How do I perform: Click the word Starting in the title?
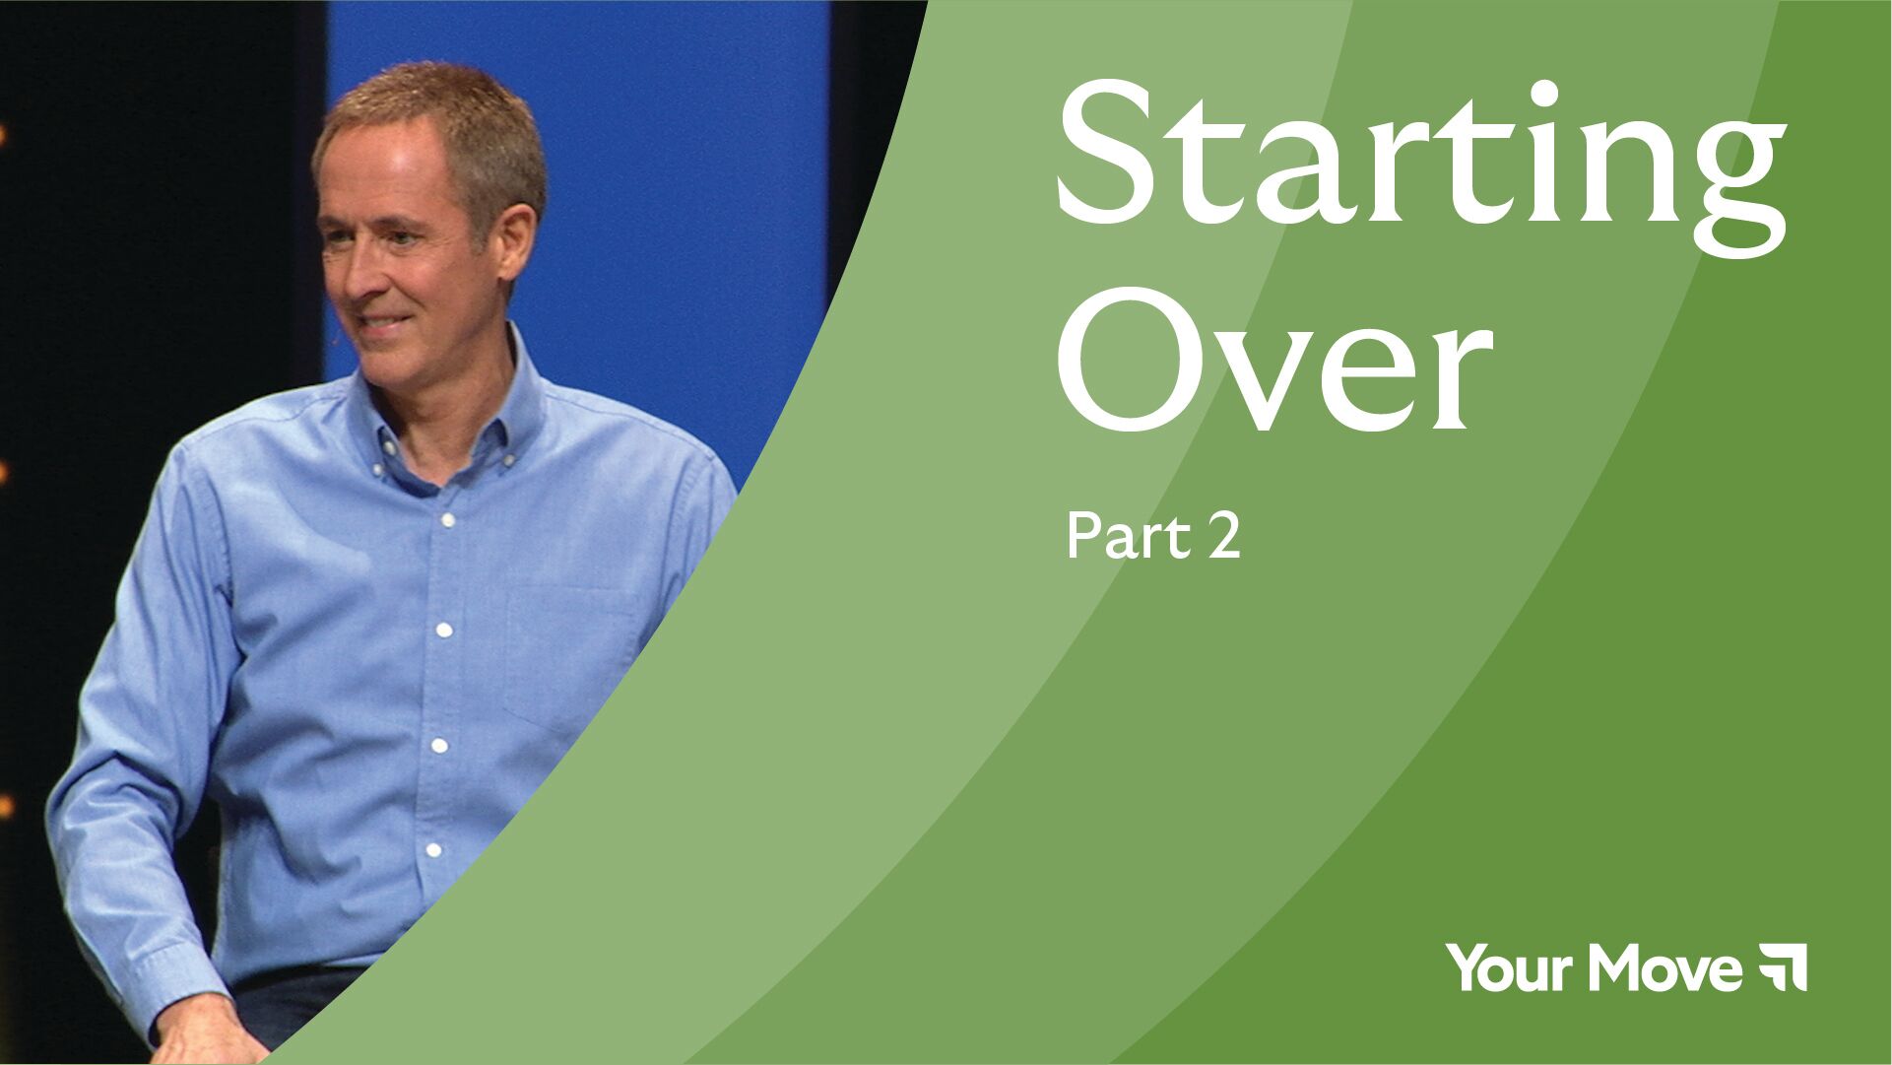coord(1420,167)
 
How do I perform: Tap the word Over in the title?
coord(1274,360)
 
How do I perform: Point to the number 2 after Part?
coord(1222,538)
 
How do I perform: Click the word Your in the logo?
coord(1512,967)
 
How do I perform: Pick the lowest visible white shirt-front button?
coord(432,850)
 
